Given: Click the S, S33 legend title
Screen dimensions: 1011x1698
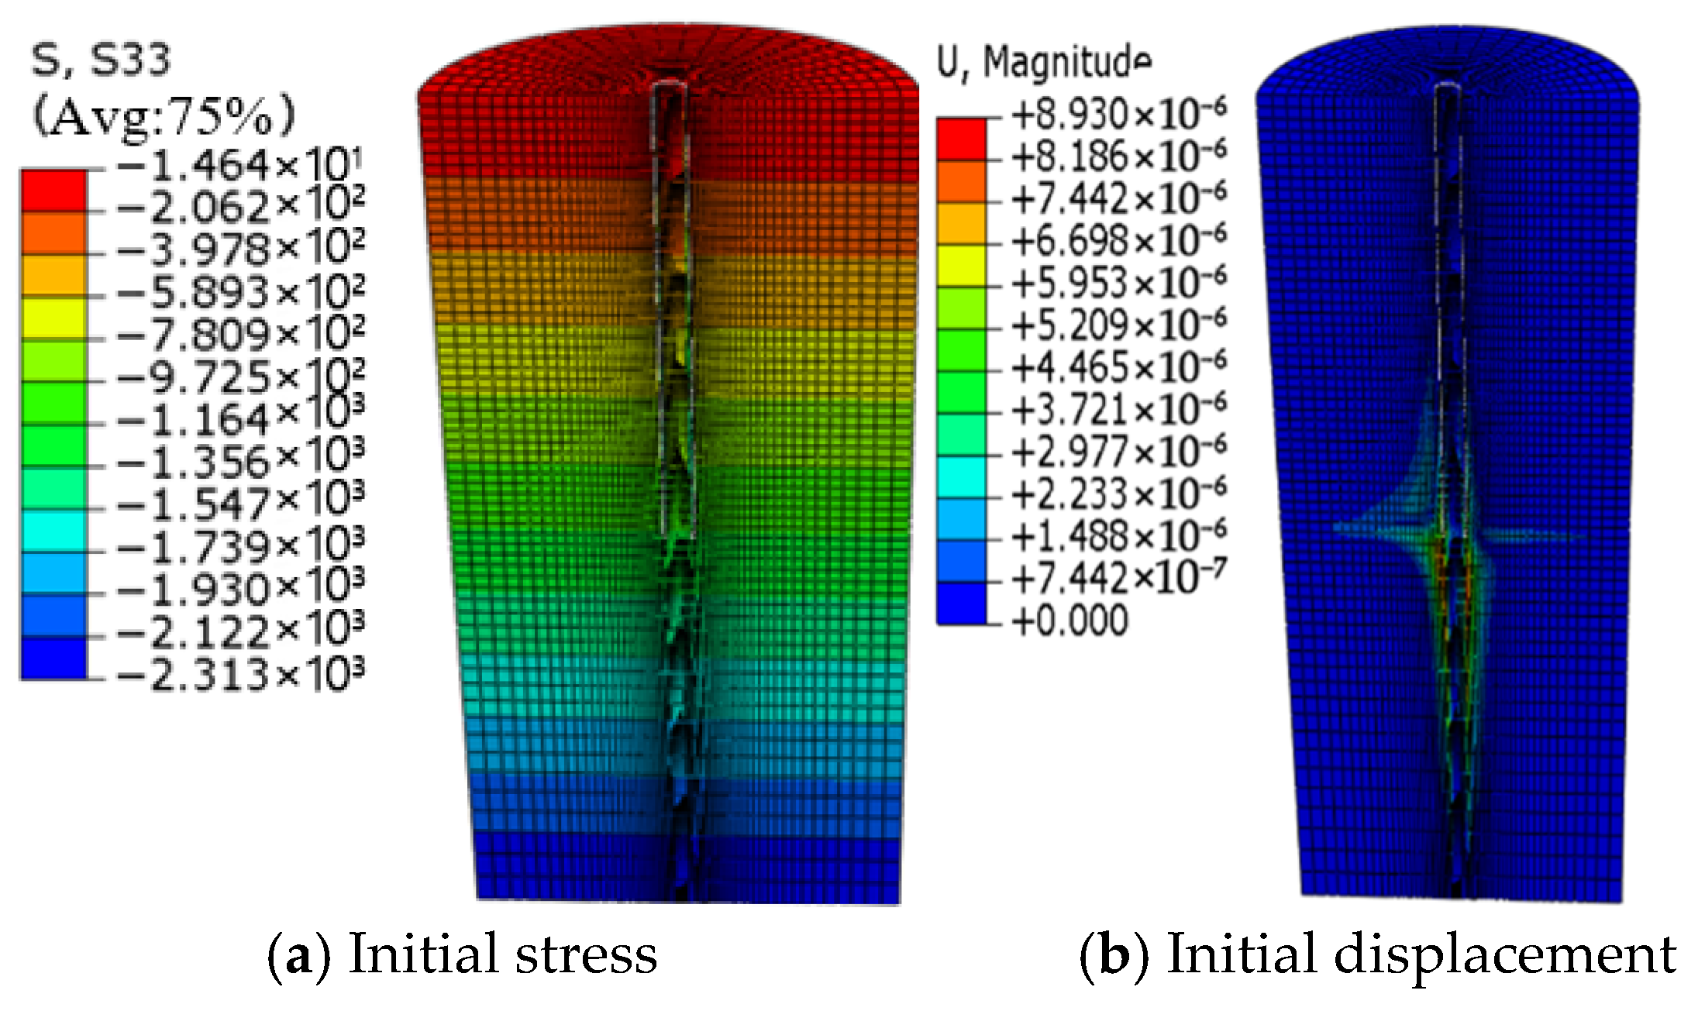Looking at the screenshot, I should (x=100, y=60).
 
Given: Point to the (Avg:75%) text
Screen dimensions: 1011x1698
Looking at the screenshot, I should (x=164, y=115).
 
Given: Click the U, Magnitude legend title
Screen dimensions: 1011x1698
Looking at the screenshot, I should (x=1043, y=61).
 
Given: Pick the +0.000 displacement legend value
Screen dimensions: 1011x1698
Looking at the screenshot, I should (x=1070, y=621).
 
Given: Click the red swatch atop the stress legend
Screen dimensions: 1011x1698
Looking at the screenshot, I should (x=53, y=190).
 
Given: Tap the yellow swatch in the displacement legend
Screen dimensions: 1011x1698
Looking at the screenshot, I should (x=961, y=266).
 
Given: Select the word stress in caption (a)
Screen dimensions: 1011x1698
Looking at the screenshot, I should (x=586, y=954).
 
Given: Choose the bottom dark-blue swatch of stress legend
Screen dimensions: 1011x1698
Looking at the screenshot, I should (x=53, y=659).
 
